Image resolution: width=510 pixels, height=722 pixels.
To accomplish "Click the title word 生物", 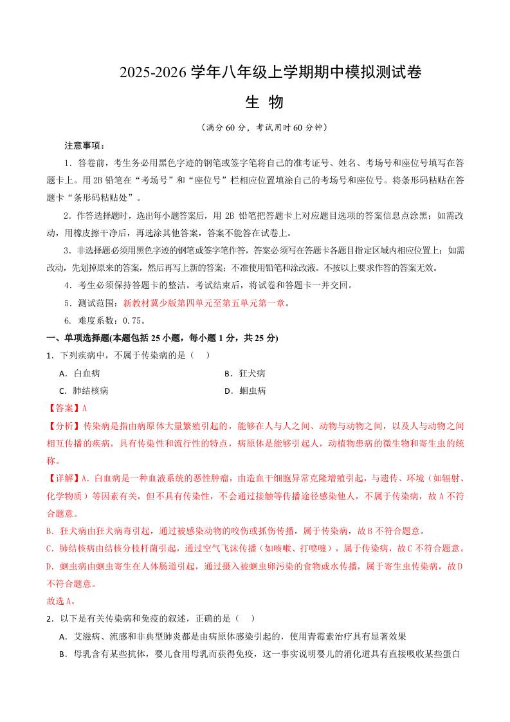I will pos(264,103).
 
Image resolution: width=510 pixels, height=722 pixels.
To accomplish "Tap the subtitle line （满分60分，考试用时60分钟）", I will pos(264,127).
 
